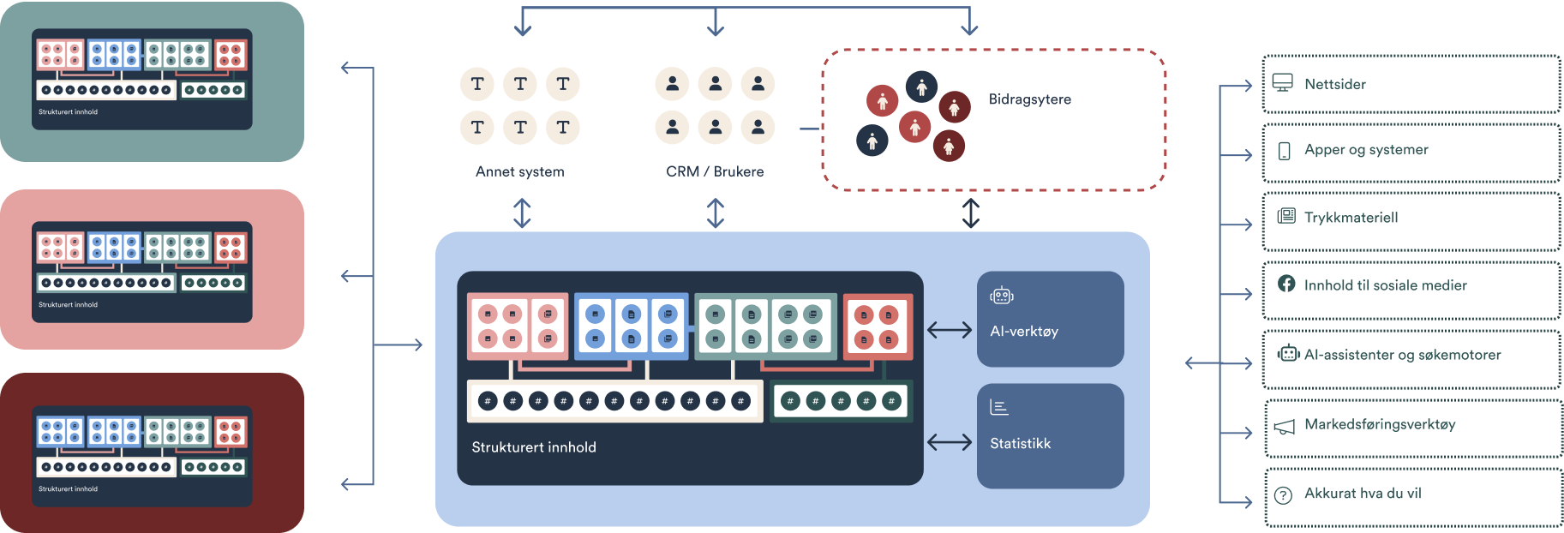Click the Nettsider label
click(x=1334, y=84)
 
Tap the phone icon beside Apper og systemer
click(x=1284, y=151)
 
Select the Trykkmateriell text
click(x=1351, y=218)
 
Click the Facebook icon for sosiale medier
click(x=1286, y=284)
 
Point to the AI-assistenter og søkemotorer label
click(x=1402, y=355)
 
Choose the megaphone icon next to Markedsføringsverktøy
click(x=1284, y=426)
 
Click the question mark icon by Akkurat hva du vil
click(x=1283, y=495)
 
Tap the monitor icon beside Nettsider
click(x=1283, y=83)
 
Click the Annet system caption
click(x=520, y=171)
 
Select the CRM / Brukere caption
click(x=715, y=171)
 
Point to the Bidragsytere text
click(x=1029, y=99)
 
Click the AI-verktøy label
click(x=1024, y=331)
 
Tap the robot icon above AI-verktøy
click(x=1002, y=296)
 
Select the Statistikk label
click(x=1020, y=443)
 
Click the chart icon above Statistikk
click(x=999, y=407)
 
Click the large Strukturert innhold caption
click(x=534, y=446)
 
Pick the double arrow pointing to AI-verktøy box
click(x=950, y=330)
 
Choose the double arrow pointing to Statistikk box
click(x=950, y=442)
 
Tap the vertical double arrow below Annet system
click(x=522, y=213)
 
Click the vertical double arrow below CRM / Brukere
click(x=716, y=213)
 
